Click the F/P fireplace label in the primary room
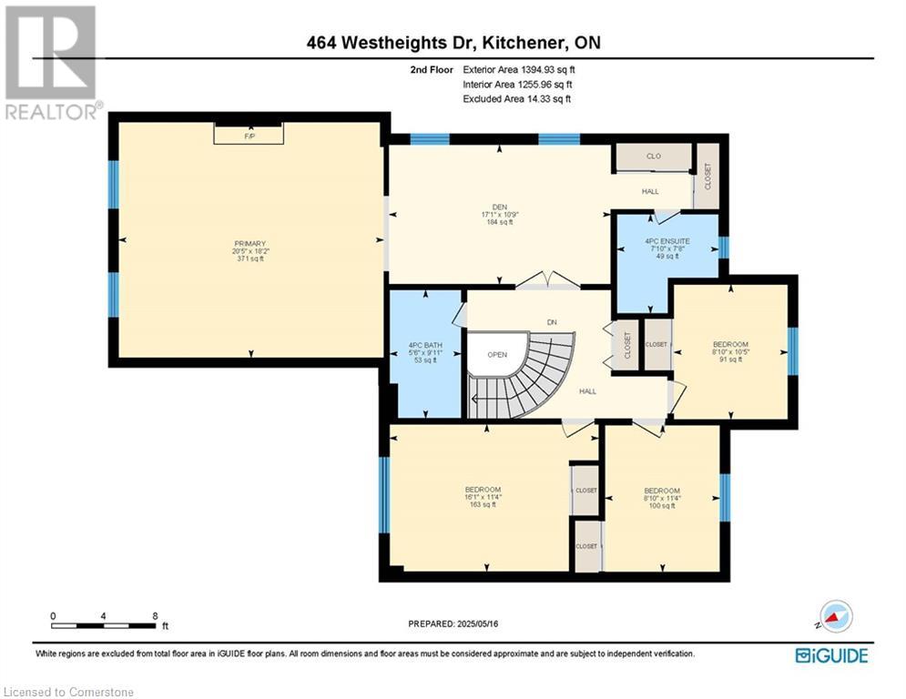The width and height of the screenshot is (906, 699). point(249,137)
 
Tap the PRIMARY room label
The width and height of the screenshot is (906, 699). point(249,244)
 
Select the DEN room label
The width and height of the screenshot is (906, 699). point(499,207)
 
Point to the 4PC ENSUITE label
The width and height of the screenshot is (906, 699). point(667,241)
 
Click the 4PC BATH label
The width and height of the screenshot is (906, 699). point(425,346)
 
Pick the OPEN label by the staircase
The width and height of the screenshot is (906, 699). point(497,355)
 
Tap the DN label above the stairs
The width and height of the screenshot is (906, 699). point(552,322)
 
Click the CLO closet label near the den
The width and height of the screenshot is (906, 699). point(654,156)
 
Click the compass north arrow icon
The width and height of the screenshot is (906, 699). point(835,616)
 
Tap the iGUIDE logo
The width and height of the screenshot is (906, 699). point(831,655)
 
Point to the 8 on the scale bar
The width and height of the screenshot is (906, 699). point(155,616)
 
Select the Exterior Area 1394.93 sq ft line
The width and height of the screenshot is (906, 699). point(519,70)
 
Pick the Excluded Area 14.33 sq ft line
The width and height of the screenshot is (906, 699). point(516,99)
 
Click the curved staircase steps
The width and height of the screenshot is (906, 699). point(524,376)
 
